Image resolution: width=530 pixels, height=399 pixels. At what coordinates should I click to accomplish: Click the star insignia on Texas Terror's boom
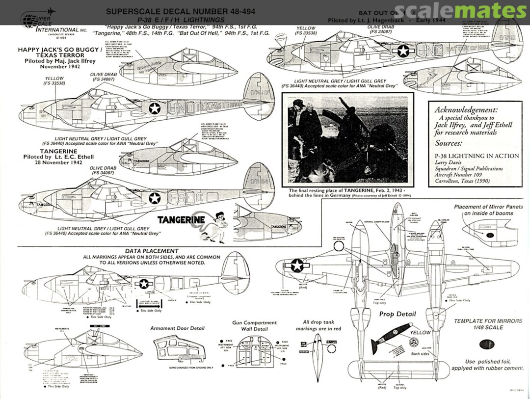tap(155, 108)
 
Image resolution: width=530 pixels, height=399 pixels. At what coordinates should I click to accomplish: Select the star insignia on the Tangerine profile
tap(155, 198)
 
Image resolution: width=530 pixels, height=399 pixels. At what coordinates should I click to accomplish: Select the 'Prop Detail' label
tap(397, 314)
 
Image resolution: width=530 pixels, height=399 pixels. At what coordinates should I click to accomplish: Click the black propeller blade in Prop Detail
tap(382, 342)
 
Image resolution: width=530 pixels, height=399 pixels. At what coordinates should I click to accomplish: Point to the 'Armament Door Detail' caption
tap(177, 328)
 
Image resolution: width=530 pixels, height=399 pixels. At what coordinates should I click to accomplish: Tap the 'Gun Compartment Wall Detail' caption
tap(254, 325)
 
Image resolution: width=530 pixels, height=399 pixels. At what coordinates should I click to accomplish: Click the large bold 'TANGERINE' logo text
tap(181, 220)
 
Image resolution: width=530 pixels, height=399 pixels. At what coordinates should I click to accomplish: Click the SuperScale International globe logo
tap(29, 20)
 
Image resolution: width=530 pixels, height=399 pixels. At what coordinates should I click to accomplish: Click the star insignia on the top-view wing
tap(297, 266)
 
